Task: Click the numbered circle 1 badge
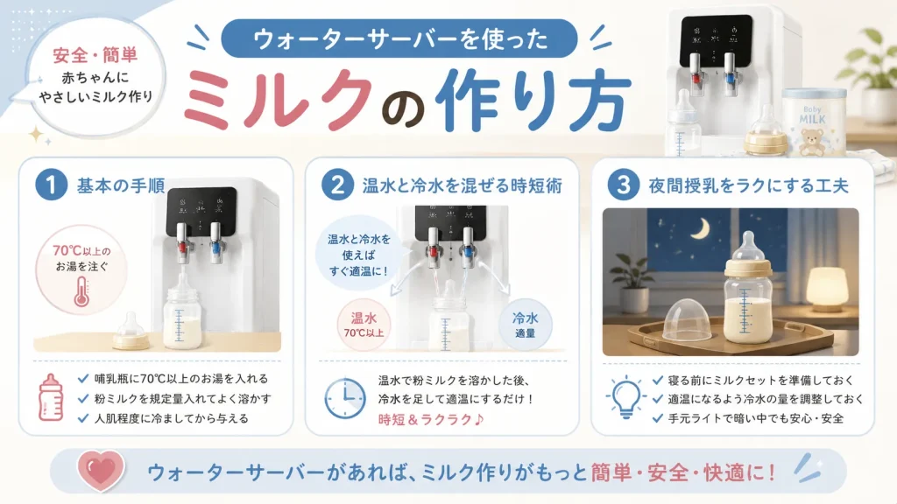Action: [51, 185]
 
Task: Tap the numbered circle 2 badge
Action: [337, 185]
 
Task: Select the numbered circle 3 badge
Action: [623, 185]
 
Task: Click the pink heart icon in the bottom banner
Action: [101, 471]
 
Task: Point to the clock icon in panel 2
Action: [345, 398]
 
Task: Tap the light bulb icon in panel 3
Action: [625, 397]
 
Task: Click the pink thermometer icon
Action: [81, 292]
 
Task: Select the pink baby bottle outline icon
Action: [50, 397]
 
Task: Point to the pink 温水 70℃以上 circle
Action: [364, 325]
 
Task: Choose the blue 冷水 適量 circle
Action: [526, 325]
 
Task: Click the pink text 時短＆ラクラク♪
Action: [431, 419]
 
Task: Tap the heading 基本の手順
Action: [121, 185]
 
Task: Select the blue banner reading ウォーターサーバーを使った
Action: [399, 38]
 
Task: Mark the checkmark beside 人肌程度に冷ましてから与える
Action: [83, 418]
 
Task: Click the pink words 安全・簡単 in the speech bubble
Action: [95, 55]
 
